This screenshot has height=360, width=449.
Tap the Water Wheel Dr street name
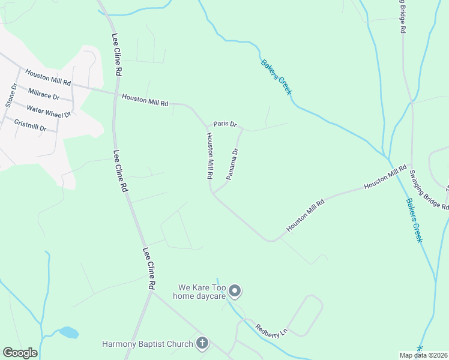[x=49, y=111]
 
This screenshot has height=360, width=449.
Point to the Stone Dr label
[x=10, y=95]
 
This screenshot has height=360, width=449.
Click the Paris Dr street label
[x=225, y=124]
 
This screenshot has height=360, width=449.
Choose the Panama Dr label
[x=232, y=164]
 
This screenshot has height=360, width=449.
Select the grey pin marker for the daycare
[x=235, y=291]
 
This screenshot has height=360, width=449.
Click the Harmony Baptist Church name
[x=147, y=344]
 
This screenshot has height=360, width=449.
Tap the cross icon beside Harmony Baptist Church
[x=203, y=344]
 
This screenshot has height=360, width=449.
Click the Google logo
[x=20, y=353]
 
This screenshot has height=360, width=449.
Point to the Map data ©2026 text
[x=424, y=355]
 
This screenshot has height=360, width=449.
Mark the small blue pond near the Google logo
[x=68, y=332]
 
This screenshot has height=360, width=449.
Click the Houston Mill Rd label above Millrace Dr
[x=48, y=76]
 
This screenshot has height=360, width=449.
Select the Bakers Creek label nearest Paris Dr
[x=276, y=76]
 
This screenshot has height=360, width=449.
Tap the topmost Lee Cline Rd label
[x=116, y=55]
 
